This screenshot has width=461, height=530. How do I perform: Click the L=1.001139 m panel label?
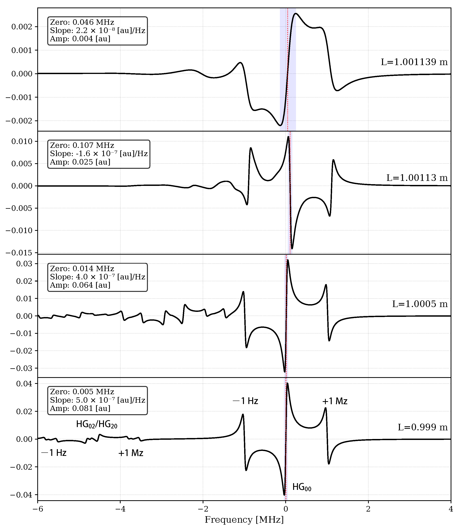(414, 62)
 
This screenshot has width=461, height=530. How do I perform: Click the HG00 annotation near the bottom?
(302, 487)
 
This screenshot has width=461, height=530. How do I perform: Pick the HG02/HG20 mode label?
(97, 424)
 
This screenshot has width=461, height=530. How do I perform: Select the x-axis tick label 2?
(368, 509)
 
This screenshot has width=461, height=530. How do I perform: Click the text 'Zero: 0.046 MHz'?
(82, 22)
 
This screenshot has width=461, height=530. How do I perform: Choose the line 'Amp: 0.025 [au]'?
(80, 162)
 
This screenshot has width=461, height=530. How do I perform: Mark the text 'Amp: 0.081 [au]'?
(80, 408)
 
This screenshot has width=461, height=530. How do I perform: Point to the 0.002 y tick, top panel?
(22, 27)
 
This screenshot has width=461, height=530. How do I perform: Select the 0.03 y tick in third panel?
(24, 264)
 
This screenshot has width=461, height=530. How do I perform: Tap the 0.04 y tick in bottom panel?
(24, 384)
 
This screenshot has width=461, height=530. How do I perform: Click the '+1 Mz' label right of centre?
(335, 401)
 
